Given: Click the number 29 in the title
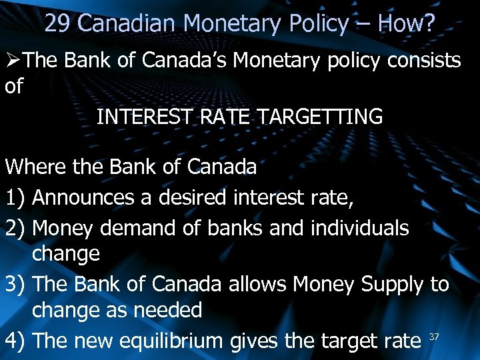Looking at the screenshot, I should (58, 25).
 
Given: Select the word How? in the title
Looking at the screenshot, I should (406, 25).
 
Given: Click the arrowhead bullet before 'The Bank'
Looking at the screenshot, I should (14, 61).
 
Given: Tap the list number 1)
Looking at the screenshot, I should (15, 197).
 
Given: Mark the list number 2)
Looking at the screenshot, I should (15, 228).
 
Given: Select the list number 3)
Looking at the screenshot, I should (15, 285).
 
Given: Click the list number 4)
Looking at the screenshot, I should (15, 341).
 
